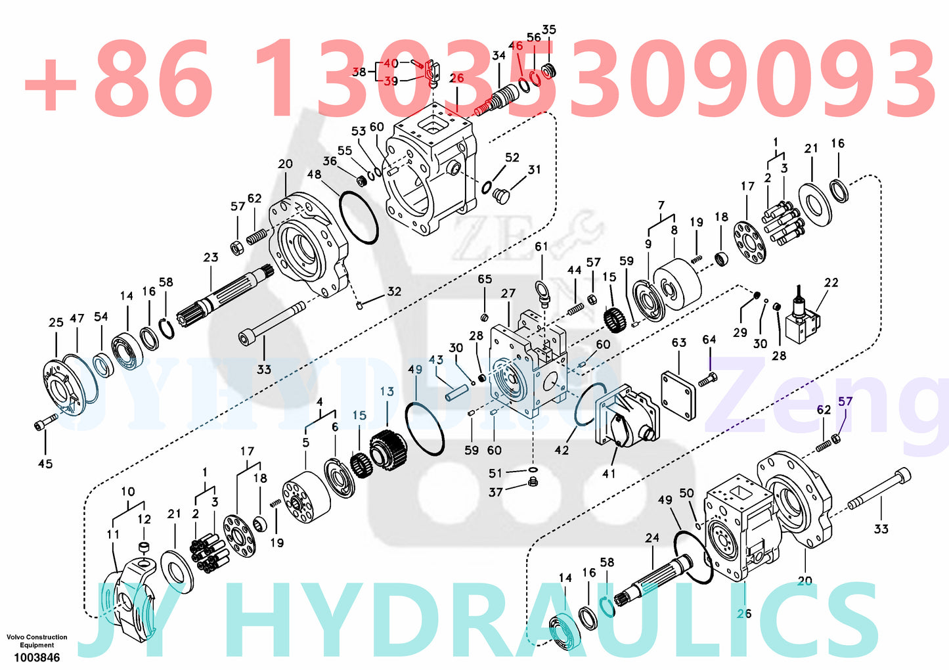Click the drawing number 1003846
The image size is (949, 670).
37,658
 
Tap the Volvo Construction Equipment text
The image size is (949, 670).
37,641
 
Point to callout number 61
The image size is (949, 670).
541,247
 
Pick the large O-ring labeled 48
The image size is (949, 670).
359,215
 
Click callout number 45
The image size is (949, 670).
45,464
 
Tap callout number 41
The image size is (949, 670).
609,473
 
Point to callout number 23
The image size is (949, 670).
210,257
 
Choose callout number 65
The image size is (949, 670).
485,279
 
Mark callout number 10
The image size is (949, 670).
128,491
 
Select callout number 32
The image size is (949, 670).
394,291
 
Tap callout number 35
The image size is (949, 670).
549,30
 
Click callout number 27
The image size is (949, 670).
508,293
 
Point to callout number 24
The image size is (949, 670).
651,538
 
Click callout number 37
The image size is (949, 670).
495,492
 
